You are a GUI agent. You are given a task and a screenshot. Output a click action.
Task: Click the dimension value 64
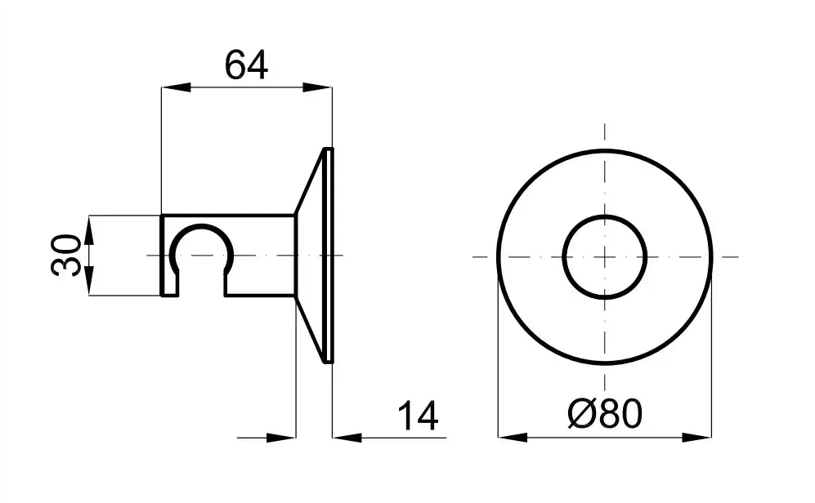point(246,65)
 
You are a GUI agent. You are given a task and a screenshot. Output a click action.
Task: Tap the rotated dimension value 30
point(66,256)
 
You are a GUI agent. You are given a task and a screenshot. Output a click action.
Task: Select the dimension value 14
point(418,416)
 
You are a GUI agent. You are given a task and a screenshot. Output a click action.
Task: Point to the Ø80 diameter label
point(605,414)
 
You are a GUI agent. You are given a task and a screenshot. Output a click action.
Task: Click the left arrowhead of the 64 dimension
point(175,87)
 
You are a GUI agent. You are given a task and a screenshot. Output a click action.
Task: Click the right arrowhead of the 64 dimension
point(317,87)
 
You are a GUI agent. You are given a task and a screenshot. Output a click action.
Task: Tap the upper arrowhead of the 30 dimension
point(89,230)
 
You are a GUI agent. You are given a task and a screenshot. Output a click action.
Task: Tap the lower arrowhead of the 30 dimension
point(89,281)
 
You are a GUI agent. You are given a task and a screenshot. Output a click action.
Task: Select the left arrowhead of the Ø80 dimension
point(513,438)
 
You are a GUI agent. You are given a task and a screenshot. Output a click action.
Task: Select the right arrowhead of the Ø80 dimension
point(697,438)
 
